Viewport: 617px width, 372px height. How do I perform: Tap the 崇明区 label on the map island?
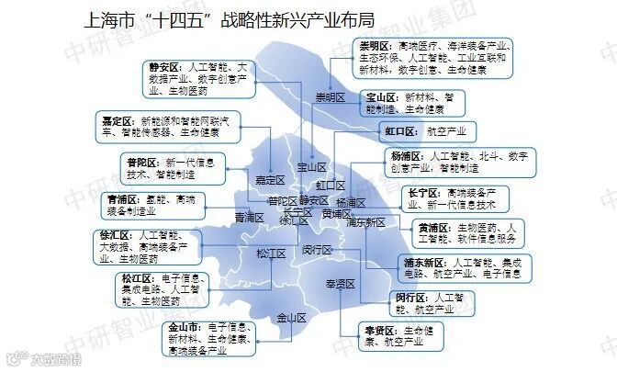[329, 98]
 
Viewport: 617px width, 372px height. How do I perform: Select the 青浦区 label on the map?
[249, 218]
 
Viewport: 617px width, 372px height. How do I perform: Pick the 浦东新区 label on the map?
[365, 222]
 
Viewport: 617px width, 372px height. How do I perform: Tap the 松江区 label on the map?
[272, 254]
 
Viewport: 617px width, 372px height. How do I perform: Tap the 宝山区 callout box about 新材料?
[409, 102]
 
